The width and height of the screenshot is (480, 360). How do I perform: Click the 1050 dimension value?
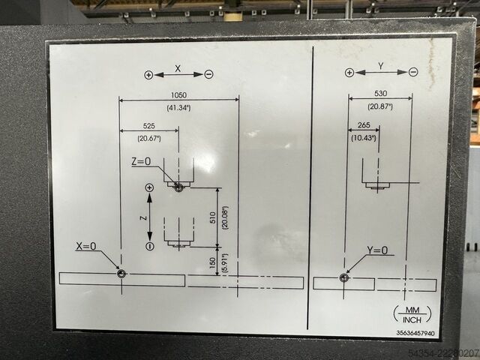[x=178, y=95]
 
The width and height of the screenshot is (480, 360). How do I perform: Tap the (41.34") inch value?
[x=178, y=108]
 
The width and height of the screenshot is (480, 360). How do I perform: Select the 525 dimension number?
[x=149, y=126]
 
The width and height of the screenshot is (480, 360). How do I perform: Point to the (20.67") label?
[x=149, y=139]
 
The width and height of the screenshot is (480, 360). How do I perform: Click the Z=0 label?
[x=141, y=161]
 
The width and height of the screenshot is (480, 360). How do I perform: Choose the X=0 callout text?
[x=86, y=246]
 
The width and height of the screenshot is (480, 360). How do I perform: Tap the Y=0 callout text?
[x=377, y=250]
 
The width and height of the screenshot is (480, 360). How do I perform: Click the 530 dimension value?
[x=380, y=93]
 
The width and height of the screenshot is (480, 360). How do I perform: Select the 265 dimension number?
[x=364, y=125]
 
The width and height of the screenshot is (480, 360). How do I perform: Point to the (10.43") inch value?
[x=363, y=138]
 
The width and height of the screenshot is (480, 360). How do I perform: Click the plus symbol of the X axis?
[x=148, y=75]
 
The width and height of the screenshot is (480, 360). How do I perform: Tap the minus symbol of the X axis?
[x=208, y=74]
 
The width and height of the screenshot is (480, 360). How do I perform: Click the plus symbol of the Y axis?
[x=349, y=73]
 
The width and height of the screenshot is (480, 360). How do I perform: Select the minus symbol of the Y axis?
[x=413, y=72]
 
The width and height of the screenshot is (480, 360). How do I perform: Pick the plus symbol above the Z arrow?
[x=149, y=187]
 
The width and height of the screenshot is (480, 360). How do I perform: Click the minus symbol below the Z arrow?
[x=150, y=246]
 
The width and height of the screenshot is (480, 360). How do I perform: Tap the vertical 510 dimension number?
[x=213, y=217]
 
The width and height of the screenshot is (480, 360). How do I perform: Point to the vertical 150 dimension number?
[x=212, y=263]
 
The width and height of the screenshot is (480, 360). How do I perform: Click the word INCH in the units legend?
[x=412, y=320]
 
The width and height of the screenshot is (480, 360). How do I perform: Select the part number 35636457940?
[x=415, y=333]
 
